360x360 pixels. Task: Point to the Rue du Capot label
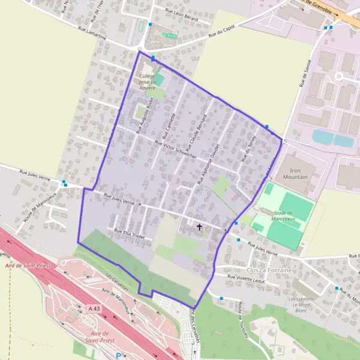(x=221, y=32)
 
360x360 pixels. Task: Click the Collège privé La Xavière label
(x=147, y=82)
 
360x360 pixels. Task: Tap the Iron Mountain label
(x=295, y=174)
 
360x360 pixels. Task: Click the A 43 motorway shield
(x=94, y=307)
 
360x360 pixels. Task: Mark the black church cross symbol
(x=200, y=227)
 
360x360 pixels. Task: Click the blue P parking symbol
(x=118, y=355)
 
